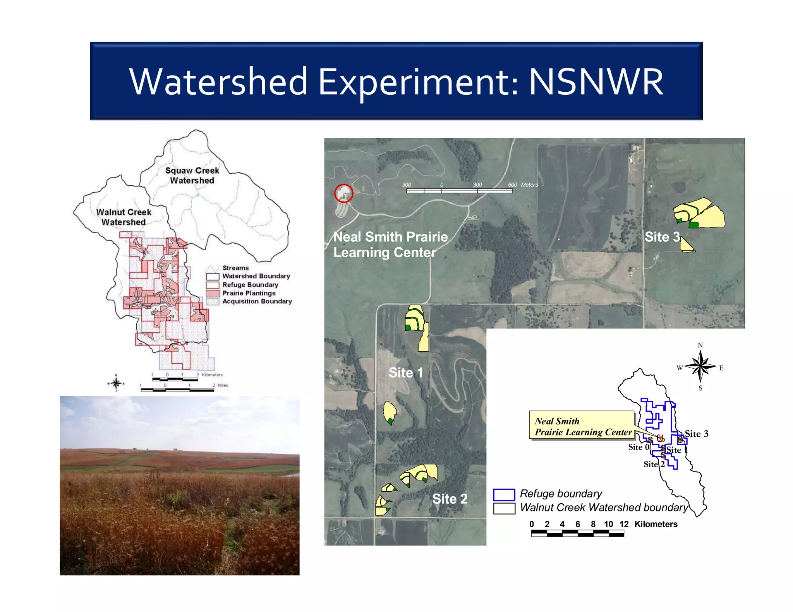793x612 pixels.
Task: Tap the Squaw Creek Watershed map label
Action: coord(192,175)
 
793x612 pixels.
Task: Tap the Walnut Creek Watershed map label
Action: coord(124,217)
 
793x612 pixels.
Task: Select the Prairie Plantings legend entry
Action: coord(249,293)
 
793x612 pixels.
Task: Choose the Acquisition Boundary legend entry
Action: coord(257,301)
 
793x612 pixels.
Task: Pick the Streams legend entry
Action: coord(235,268)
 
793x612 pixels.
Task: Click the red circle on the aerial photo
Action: coord(343,193)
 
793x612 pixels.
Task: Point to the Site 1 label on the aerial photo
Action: coord(405,372)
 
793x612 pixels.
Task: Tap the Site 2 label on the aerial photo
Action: coord(450,498)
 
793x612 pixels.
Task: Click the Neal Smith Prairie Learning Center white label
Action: coord(390,244)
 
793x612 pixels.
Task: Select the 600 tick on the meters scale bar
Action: coord(512,185)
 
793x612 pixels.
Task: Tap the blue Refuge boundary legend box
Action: coord(504,494)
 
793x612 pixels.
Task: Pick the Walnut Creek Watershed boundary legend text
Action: coord(603,507)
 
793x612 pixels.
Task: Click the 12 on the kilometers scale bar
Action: coord(624,524)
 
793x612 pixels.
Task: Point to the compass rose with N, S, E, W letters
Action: coord(700,366)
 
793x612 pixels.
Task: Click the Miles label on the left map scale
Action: coord(223,385)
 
